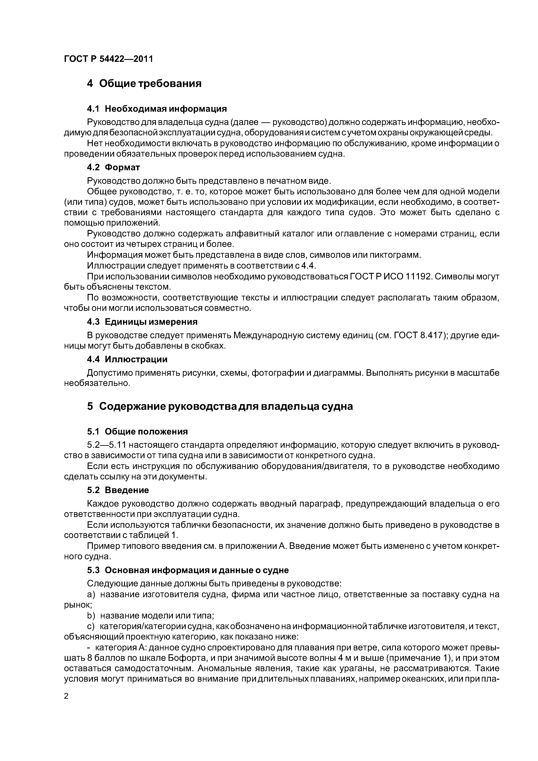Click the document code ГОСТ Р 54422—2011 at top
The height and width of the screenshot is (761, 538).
(x=108, y=59)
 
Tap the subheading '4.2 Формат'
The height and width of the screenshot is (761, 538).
(x=113, y=167)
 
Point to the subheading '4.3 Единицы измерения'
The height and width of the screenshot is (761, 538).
(x=142, y=322)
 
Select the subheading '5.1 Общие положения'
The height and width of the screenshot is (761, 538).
(x=137, y=431)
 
